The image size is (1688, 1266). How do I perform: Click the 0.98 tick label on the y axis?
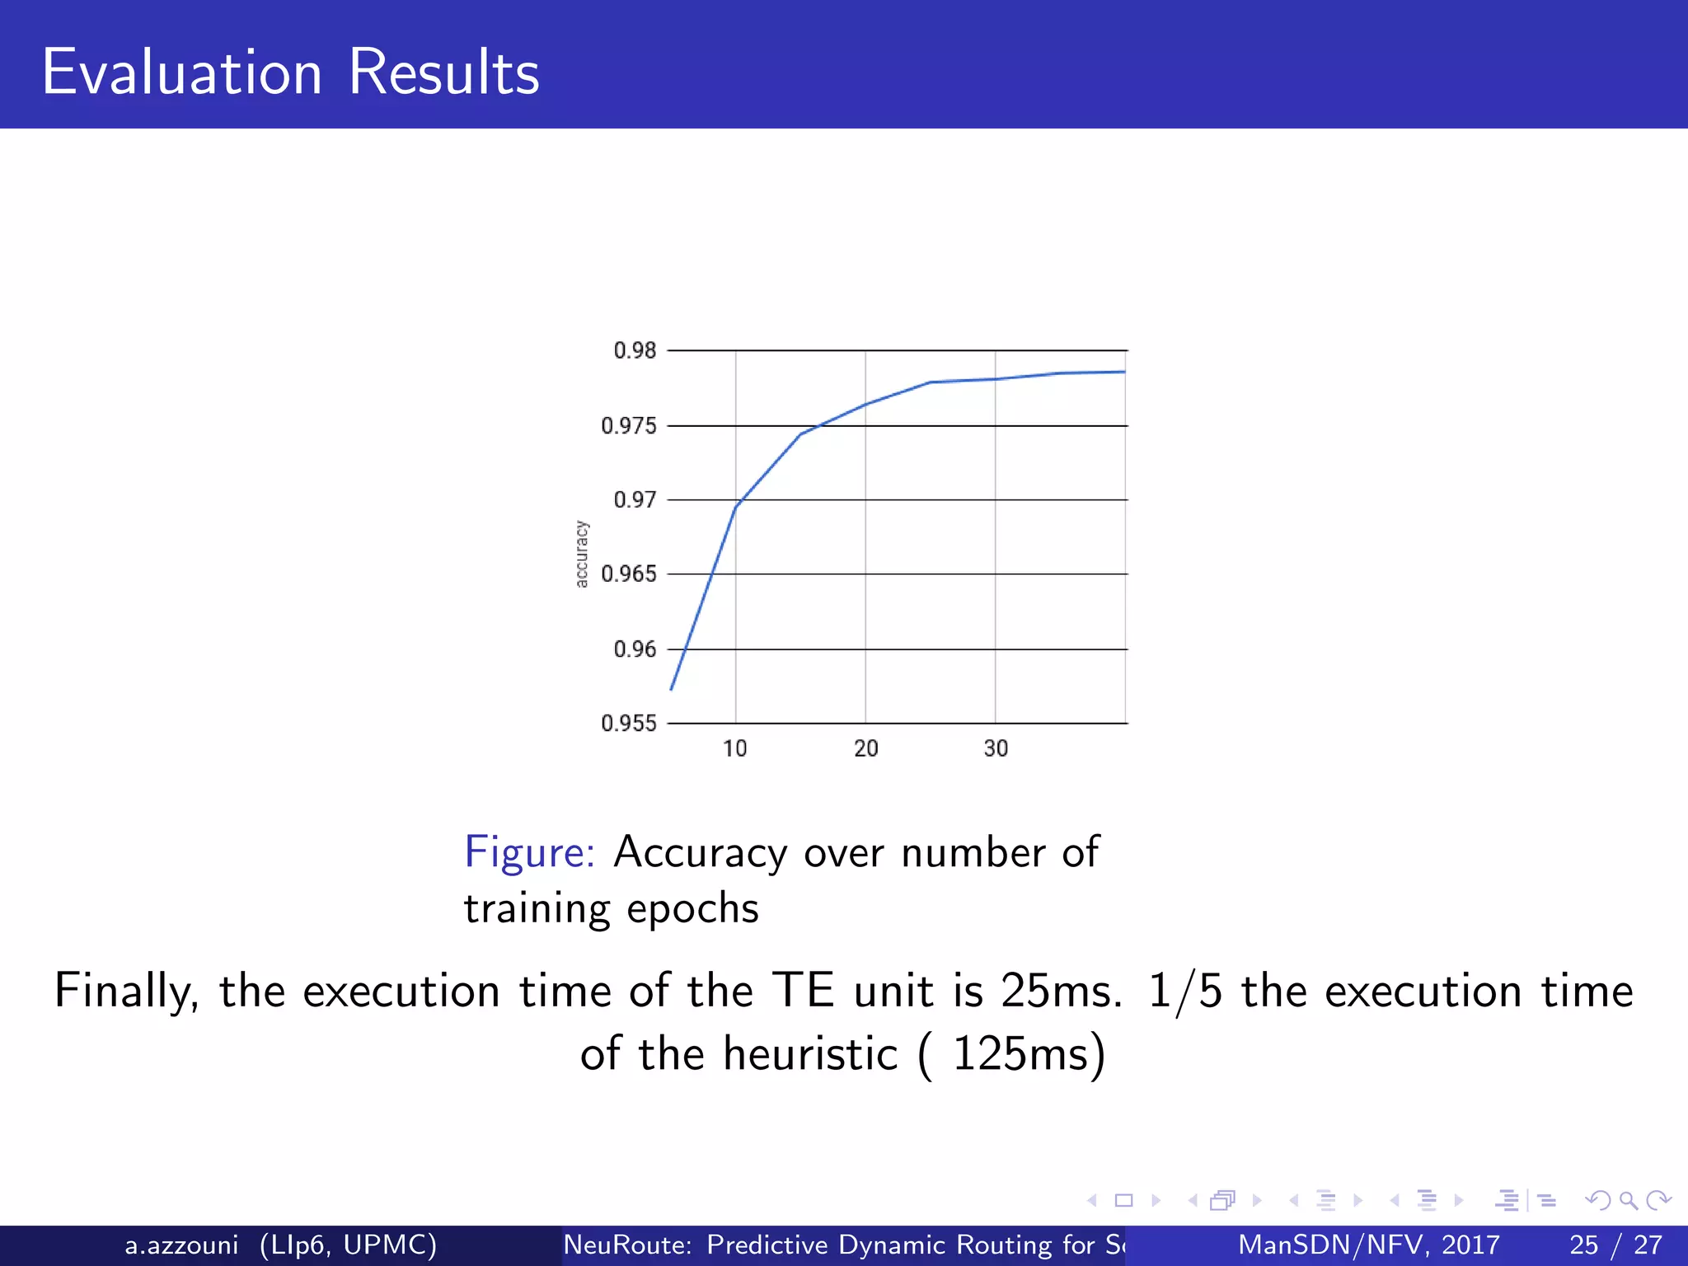pos(635,350)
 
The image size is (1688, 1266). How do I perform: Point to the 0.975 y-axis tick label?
pos(629,425)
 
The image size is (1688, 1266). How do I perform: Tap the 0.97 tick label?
pos(635,499)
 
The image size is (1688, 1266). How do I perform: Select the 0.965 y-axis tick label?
pos(629,574)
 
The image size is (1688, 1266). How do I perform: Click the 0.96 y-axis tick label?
pos(635,649)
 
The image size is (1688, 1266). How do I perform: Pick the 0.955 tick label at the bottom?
pos(629,723)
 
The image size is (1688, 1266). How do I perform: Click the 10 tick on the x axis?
pos(734,748)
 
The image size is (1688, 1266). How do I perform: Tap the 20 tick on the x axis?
pos(865,748)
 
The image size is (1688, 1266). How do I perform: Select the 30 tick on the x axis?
pos(996,748)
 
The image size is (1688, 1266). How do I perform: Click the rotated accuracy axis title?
pos(582,554)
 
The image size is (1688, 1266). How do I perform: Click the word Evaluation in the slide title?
pos(181,73)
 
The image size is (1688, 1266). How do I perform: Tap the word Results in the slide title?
pos(443,73)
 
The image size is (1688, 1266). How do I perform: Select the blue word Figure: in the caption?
pos(529,852)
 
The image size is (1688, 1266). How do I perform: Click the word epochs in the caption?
pos(692,909)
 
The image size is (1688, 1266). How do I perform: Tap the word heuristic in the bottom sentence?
pos(810,1053)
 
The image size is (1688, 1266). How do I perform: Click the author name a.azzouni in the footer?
pos(181,1245)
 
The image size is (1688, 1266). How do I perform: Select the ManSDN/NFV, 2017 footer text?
pos(1369,1245)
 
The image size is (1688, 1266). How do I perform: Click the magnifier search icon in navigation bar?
pos(1627,1200)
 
